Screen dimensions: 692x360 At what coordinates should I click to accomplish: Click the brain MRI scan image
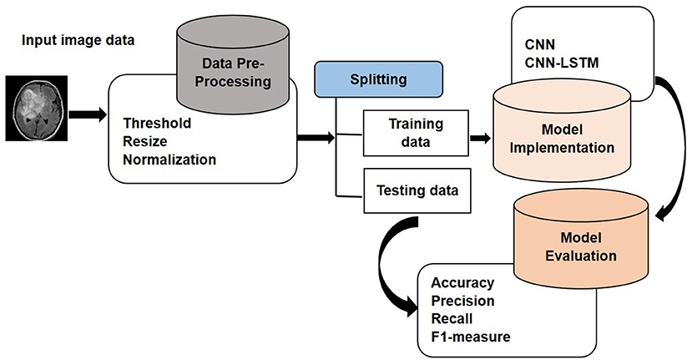pyautogui.click(x=36, y=109)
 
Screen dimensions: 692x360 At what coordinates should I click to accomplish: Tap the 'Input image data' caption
pyautogui.click(x=78, y=40)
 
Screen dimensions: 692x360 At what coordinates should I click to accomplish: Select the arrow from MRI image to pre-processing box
pyautogui.click(x=88, y=114)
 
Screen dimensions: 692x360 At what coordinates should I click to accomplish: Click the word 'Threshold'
pyautogui.click(x=157, y=123)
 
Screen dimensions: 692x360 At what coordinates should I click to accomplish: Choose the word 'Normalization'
pyautogui.click(x=169, y=160)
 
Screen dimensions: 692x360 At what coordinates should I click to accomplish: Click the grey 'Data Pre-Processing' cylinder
pyautogui.click(x=233, y=65)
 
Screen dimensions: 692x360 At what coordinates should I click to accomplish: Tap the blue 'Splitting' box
pyautogui.click(x=378, y=79)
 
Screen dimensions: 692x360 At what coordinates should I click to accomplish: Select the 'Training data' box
pyautogui.click(x=416, y=133)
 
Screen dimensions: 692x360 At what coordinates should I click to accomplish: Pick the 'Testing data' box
pyautogui.click(x=417, y=190)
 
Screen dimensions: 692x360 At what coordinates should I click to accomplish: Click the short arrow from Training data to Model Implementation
pyautogui.click(x=480, y=139)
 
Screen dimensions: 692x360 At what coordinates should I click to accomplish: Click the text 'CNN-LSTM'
pyautogui.click(x=562, y=63)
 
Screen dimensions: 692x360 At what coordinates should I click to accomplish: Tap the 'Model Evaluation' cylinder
pyautogui.click(x=581, y=240)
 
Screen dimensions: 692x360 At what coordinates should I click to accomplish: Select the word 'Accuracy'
pyautogui.click(x=462, y=282)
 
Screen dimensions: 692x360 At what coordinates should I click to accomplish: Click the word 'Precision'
pyautogui.click(x=462, y=301)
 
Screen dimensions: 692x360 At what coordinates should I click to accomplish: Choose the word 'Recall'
pyautogui.click(x=452, y=318)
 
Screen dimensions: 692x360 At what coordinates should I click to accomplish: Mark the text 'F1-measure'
pyautogui.click(x=471, y=337)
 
